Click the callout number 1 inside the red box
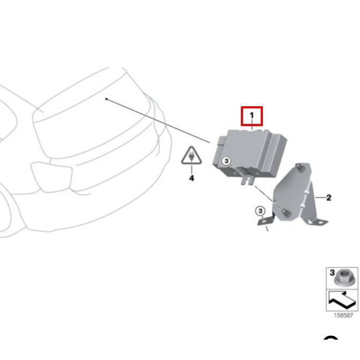coord(252,115)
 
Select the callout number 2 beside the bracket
coord(328,197)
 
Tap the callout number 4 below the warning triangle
coord(192,178)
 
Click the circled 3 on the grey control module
coord(226,161)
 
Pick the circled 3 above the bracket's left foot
coord(260,211)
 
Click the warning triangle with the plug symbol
coord(192,156)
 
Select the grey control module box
coord(250,153)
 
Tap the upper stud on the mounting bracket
coord(299,167)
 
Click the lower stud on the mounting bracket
coord(286,212)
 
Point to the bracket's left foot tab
coord(265,222)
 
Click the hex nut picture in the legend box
coord(344,278)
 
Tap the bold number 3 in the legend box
coord(332,273)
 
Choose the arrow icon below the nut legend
coord(342,300)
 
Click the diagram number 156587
coord(343,315)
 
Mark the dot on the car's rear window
coord(106,99)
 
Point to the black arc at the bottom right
coord(330,337)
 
